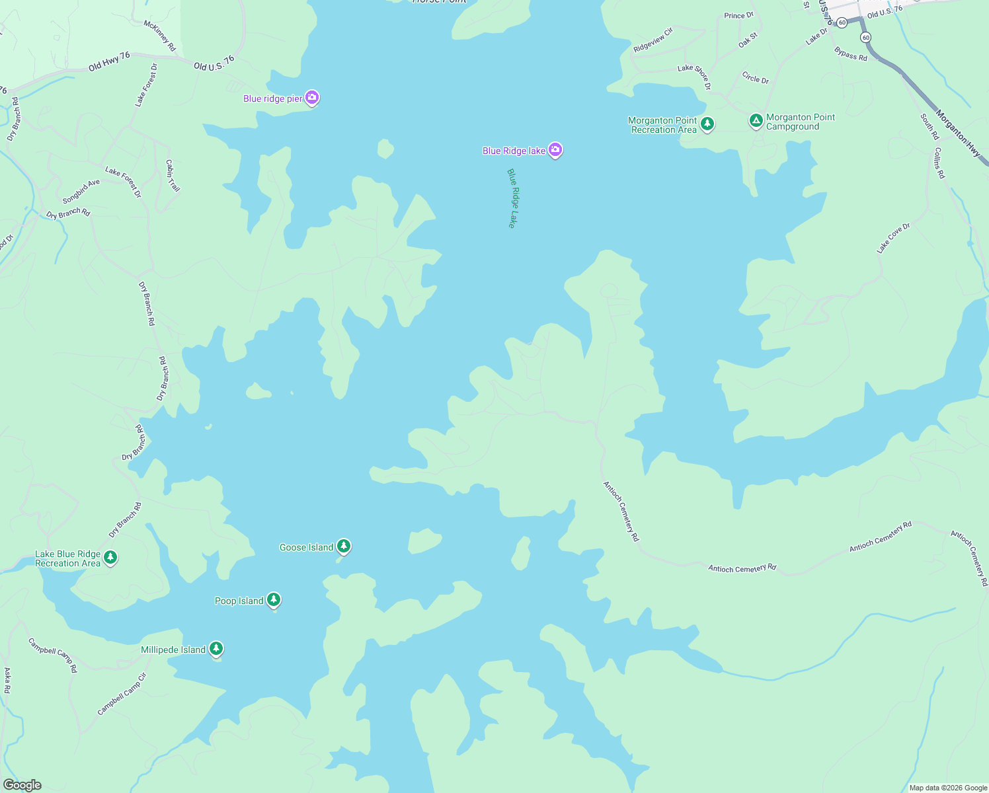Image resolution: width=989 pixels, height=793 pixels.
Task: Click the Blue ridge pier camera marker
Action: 312,98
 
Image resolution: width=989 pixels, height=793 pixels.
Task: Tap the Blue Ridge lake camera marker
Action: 555,150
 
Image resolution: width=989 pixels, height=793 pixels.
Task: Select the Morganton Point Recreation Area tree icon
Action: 707,124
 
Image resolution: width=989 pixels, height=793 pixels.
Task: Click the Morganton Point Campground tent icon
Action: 756,120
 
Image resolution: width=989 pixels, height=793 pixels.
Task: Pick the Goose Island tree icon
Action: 343,546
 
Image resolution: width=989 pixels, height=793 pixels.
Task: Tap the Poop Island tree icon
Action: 274,599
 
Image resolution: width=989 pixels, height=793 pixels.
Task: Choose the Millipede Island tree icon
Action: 216,648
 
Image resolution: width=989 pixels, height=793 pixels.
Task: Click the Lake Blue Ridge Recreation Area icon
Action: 110,557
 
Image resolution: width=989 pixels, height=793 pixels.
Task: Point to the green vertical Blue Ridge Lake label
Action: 512,198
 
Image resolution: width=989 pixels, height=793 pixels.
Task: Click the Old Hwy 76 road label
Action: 110,62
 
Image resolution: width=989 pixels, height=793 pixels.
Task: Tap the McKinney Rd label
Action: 160,36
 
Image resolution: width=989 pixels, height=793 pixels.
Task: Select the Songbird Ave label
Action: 81,191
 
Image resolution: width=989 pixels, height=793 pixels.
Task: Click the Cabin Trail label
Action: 173,176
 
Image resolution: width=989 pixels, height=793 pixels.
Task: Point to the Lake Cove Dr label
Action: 893,239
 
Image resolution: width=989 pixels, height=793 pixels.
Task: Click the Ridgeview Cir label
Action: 653,40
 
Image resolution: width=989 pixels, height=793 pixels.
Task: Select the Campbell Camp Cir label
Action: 122,694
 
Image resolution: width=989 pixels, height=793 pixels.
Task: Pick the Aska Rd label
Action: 7,680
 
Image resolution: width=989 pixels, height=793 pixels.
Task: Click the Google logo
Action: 22,784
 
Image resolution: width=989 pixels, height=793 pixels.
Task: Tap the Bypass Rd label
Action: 851,54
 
